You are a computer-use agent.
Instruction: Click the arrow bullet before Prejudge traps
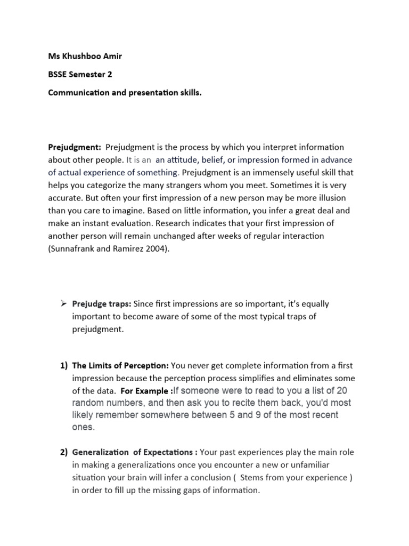point(63,304)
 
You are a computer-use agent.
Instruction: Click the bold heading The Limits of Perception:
point(120,365)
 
